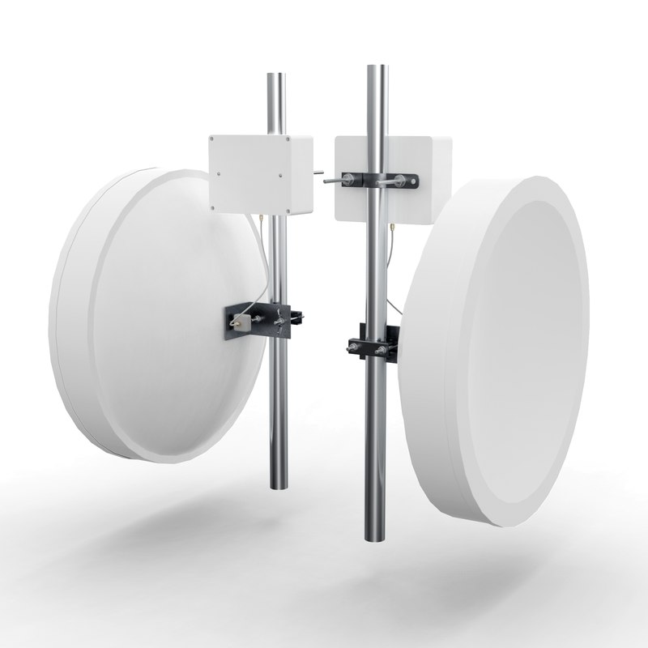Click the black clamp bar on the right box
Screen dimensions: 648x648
(x=377, y=181)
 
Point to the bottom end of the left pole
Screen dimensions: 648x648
(x=277, y=486)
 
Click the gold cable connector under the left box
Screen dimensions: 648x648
(x=262, y=218)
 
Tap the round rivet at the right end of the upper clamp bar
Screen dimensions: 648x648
(x=414, y=182)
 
